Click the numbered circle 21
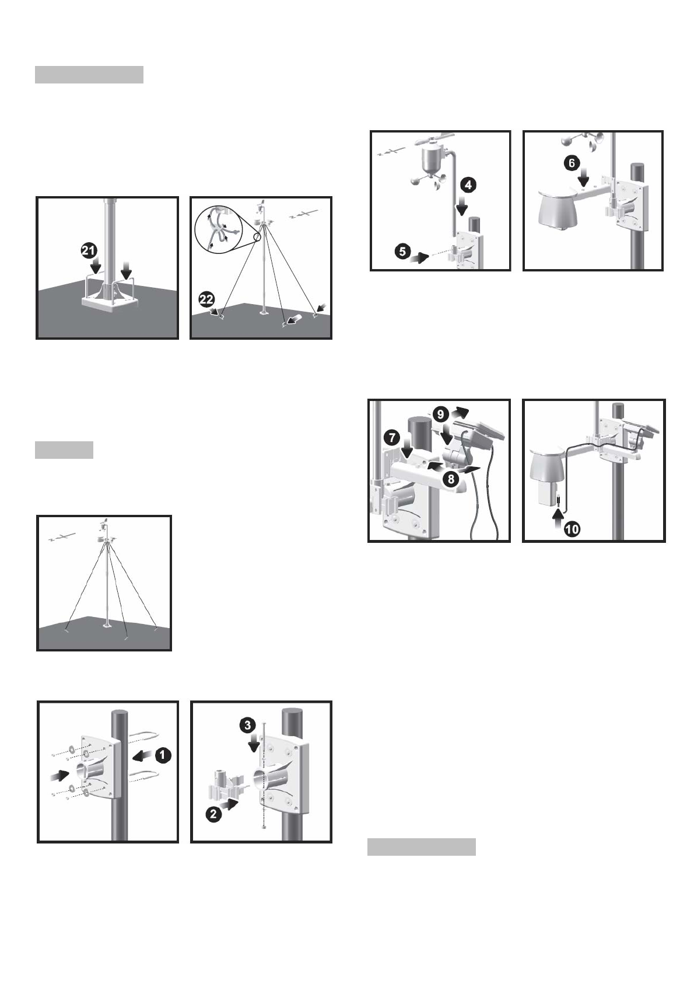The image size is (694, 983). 89,251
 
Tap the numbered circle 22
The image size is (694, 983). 206,300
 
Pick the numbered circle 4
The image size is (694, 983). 469,185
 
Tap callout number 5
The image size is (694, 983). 403,252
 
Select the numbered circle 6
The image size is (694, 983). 572,163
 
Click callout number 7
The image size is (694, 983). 391,438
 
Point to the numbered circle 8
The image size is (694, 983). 451,479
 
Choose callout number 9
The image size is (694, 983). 440,414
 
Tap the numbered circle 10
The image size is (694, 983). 572,529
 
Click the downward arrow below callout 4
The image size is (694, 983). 461,206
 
